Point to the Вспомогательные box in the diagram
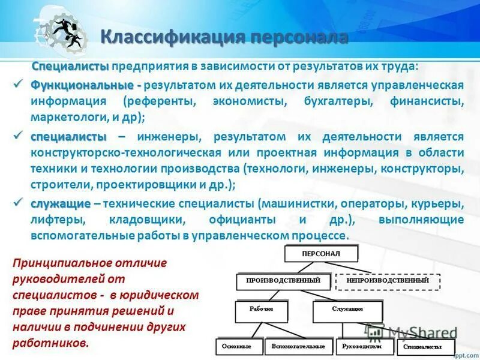298,346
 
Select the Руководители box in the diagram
362,346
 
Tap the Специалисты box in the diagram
423,347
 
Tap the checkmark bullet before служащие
19,203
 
